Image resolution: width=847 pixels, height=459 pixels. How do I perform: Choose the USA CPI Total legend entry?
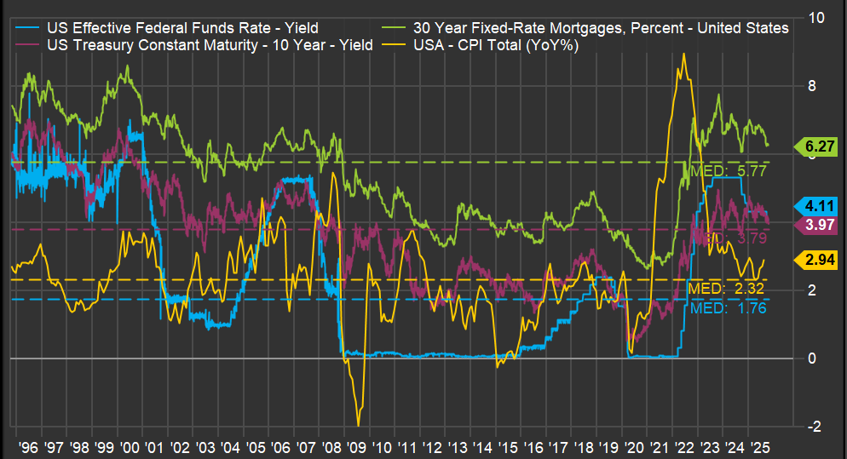pos(495,45)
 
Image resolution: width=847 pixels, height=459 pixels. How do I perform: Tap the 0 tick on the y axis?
pos(810,359)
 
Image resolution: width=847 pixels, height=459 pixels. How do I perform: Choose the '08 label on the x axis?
pos(338,445)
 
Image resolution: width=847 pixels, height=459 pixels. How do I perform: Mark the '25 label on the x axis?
pos(763,445)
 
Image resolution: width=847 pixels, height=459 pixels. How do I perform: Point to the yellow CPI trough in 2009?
pos(359,425)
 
